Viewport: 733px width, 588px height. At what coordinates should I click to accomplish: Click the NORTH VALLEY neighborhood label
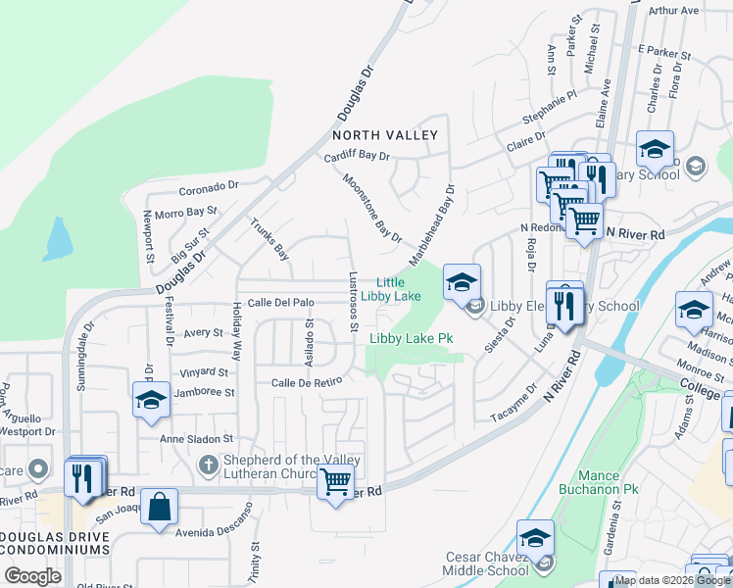[383, 134]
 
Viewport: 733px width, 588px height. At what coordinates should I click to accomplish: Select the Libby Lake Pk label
[411, 339]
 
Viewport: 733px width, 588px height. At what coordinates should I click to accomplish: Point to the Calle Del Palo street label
[280, 303]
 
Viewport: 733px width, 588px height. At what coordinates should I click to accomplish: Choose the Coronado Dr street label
[208, 185]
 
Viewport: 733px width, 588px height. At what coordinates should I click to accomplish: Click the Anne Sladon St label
[199, 439]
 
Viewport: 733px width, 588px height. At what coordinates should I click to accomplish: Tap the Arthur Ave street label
[673, 11]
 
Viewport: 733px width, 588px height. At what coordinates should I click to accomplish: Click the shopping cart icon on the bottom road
[336, 482]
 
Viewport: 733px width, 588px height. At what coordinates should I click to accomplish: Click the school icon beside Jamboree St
[151, 399]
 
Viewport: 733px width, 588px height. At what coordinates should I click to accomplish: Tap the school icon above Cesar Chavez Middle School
[535, 537]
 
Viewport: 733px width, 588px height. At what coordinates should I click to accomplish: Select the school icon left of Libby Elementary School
[462, 281]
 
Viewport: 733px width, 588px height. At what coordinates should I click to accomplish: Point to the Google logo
[32, 576]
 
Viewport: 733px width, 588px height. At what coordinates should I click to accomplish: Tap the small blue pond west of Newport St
[58, 238]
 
